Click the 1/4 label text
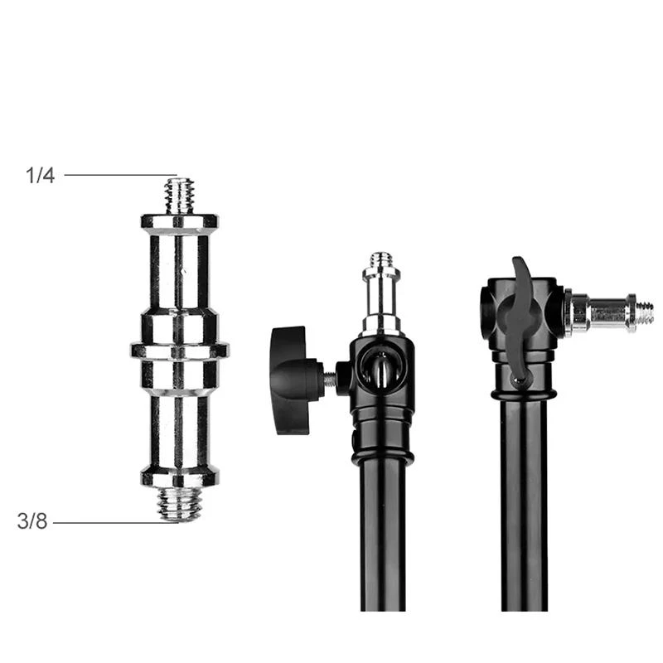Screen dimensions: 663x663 40,176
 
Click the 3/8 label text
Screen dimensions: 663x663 32,523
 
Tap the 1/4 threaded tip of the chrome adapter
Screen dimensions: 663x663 179,196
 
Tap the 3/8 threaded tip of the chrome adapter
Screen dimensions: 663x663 179,503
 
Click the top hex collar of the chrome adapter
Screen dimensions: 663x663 179,222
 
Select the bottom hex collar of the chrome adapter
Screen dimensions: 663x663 179,477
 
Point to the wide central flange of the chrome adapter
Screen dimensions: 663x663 179,351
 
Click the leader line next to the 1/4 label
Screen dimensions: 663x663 116,175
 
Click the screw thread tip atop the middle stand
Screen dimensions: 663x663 381,260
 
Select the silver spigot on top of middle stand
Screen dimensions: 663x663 381,298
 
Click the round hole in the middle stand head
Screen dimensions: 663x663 380,370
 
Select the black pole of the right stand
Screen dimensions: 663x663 524,514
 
